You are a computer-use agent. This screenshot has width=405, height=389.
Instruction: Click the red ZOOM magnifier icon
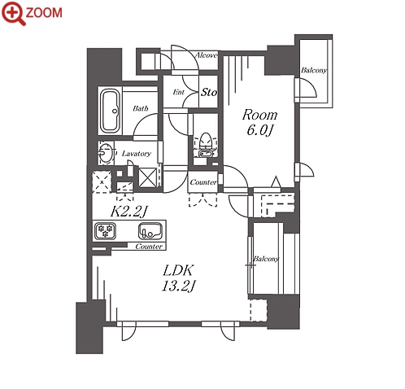pos(14,13)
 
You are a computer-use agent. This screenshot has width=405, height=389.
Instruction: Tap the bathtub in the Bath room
pos(111,111)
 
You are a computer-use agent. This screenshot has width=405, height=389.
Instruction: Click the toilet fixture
pos(206,145)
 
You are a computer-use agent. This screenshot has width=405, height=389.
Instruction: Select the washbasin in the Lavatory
pos(106,152)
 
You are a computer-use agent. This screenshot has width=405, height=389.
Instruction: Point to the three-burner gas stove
pos(105,230)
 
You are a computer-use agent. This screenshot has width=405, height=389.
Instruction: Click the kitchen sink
pos(150,231)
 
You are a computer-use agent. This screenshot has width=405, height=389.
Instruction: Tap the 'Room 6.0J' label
pos(259,122)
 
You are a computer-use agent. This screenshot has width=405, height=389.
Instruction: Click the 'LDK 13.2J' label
pos(178,278)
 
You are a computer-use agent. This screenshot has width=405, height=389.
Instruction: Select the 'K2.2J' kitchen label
pos(128,211)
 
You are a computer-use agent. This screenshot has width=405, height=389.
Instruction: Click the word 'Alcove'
pos(207,55)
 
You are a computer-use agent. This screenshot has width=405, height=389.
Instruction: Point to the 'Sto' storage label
pos(209,92)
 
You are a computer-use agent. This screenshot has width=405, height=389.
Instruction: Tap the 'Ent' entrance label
pos(179,92)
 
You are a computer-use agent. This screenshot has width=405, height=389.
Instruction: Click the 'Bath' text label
pos(141,108)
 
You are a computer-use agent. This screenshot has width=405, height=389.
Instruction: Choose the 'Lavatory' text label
pos(137,154)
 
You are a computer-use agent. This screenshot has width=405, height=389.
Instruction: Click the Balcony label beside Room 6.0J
pos(314,71)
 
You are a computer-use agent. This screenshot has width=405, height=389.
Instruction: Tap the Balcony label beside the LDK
pos(266,259)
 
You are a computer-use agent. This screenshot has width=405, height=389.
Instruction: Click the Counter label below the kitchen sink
pos(149,247)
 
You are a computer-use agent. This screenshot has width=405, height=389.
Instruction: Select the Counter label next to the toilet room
pos(203,182)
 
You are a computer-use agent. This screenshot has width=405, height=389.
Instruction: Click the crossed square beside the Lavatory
pos(148,177)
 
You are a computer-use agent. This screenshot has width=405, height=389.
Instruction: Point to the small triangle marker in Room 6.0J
pos(276,181)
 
